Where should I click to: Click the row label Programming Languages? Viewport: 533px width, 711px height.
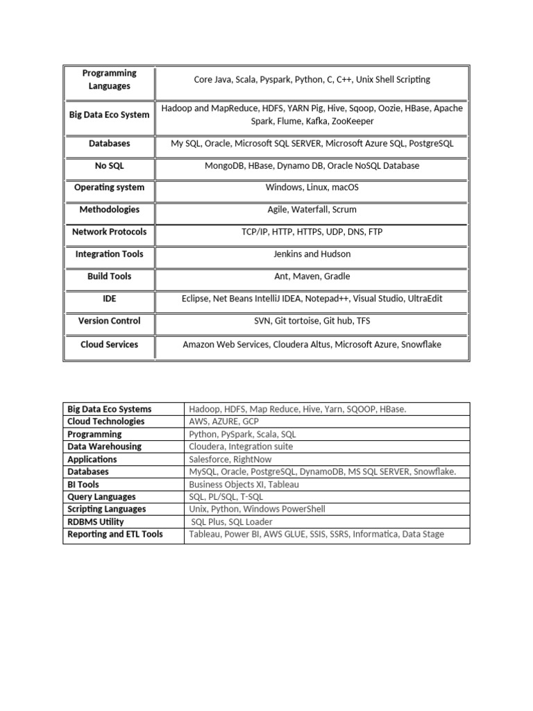pos(109,80)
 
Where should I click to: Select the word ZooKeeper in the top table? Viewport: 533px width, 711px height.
pos(352,122)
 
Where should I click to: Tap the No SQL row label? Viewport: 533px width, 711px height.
pos(109,166)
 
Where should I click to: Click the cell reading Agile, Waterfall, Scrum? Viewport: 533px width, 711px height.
pos(312,210)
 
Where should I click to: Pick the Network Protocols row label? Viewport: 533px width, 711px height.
pos(109,232)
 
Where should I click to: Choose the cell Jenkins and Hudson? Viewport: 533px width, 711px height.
pos(312,254)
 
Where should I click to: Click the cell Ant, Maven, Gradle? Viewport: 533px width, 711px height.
pos(312,276)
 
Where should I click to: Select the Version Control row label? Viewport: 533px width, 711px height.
pos(109,321)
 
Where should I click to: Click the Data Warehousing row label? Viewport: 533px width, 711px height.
pos(104,446)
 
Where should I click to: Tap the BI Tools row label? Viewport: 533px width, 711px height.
pos(83,484)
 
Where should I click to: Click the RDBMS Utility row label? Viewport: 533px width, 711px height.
pos(96,521)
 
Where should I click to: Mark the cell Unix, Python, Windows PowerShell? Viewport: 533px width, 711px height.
pos(257,509)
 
